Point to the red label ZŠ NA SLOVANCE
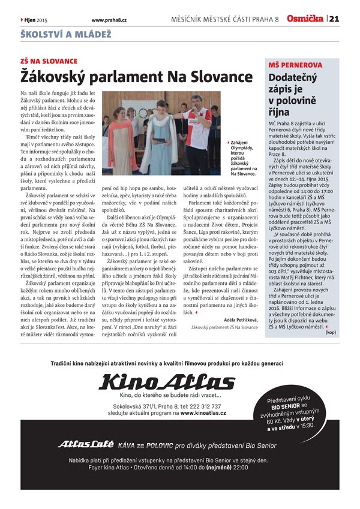(49, 62)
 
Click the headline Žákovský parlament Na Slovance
(137, 77)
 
